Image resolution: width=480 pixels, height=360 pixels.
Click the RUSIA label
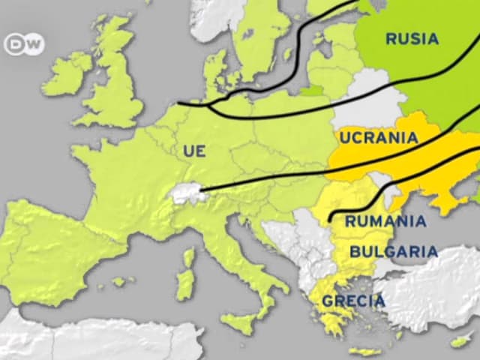click(x=412, y=39)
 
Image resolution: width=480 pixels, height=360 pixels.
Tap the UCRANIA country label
click(x=378, y=138)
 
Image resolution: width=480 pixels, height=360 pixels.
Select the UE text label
click(x=194, y=151)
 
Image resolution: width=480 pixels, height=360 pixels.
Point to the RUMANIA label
click(x=385, y=221)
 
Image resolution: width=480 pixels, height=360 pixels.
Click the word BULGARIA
click(x=393, y=251)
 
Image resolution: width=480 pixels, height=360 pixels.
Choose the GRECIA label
click(x=353, y=301)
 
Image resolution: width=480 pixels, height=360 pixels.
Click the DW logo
click(x=24, y=45)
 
